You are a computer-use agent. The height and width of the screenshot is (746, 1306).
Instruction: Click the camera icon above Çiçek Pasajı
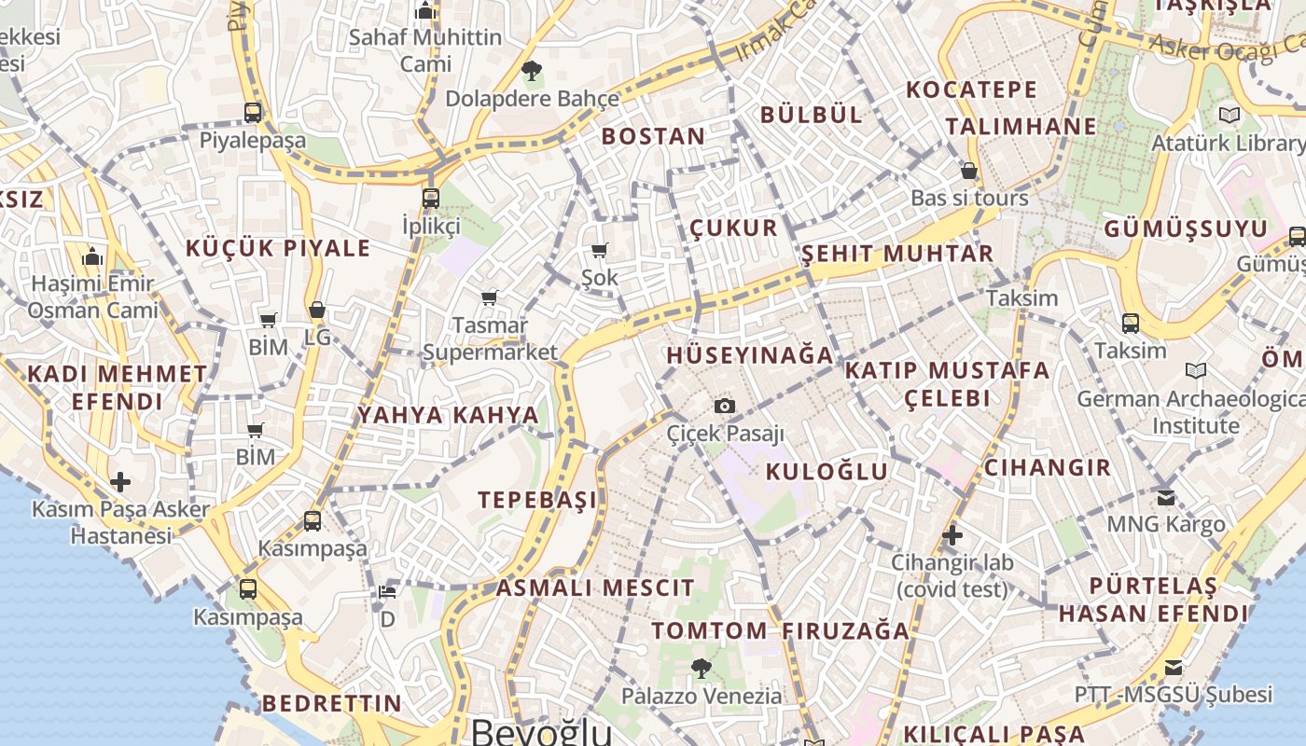click(x=725, y=406)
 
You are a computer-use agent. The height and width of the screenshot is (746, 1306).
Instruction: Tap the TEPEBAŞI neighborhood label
click(x=538, y=500)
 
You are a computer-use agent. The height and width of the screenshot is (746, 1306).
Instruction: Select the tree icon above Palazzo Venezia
click(x=702, y=668)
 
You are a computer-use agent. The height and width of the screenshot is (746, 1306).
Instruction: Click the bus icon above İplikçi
click(x=430, y=198)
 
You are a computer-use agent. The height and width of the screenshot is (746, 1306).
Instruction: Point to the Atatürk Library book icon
click(x=1229, y=116)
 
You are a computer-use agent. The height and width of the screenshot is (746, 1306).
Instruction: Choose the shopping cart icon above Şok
click(x=600, y=250)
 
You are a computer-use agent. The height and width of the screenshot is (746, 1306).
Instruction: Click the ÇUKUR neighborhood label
click(x=733, y=228)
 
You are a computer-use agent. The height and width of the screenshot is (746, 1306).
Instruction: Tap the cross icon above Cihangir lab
click(x=952, y=535)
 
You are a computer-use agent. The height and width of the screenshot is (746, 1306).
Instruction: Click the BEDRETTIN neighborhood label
click(x=331, y=703)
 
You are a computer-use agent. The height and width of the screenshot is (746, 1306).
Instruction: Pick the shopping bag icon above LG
click(x=317, y=310)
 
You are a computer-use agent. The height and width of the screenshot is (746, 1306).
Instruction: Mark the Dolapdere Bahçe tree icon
click(x=532, y=70)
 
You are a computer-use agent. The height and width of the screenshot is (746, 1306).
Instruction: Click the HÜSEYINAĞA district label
click(x=750, y=355)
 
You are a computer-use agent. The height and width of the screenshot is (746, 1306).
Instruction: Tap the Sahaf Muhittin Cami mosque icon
click(x=426, y=11)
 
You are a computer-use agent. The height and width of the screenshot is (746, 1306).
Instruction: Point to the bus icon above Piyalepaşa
click(x=253, y=113)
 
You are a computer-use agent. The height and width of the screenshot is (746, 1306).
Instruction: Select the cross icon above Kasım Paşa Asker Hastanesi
click(x=120, y=482)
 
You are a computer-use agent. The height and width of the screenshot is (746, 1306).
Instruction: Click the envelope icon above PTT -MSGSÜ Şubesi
click(x=1174, y=667)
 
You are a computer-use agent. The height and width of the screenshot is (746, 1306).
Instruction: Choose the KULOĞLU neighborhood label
click(x=827, y=472)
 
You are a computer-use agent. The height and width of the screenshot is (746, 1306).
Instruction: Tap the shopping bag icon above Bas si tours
click(x=969, y=171)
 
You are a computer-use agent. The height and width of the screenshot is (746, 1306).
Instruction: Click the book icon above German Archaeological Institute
click(x=1195, y=371)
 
